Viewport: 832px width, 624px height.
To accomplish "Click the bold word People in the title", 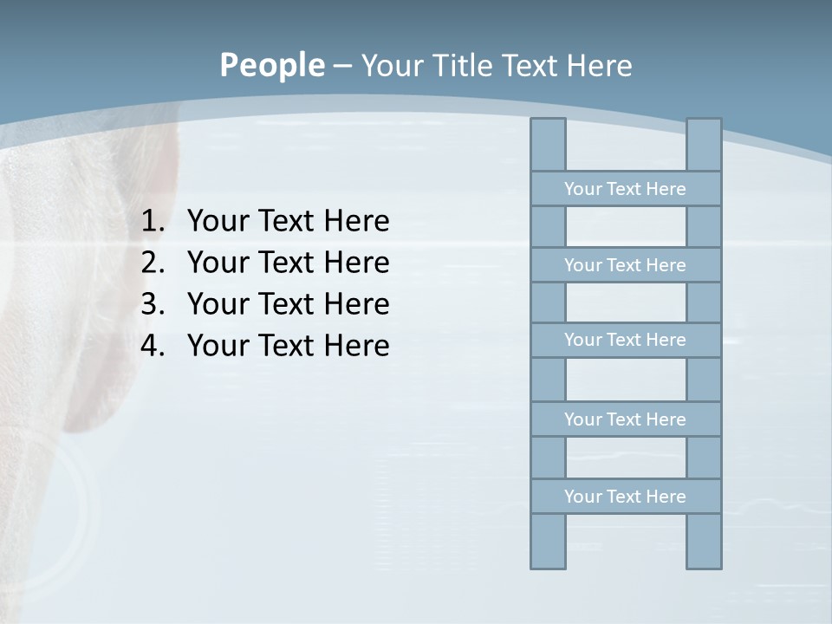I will pos(271,65).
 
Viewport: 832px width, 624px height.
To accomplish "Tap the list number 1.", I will pos(153,222).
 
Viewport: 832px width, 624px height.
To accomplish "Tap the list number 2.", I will pos(153,263).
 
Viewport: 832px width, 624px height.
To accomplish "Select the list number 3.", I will pos(153,304).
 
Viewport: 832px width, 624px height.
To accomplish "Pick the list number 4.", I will pos(153,346).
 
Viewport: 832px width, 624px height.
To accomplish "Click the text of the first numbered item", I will pos(288,222).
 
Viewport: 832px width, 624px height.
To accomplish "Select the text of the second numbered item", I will pos(288,263).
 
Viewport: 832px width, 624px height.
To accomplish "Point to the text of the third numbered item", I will pos(288,304).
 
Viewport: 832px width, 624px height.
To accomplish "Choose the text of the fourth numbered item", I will pos(288,346).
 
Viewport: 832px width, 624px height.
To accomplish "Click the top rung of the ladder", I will pos(625,189).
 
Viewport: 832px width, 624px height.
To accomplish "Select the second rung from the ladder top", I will pos(625,265).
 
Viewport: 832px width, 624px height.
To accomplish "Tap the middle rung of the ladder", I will pos(625,340).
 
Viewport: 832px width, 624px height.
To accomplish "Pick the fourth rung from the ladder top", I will pos(625,419).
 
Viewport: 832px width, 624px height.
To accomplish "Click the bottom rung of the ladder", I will pos(625,497).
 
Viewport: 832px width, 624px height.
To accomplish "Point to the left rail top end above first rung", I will pos(548,145).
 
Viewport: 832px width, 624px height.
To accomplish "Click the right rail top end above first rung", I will pos(704,145).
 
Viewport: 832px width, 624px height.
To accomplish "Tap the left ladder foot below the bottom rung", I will pos(548,542).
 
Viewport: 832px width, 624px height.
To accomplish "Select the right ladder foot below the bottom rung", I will pos(704,542).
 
